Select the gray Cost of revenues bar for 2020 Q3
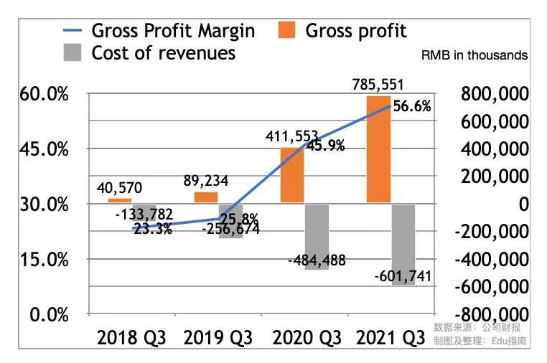tap(316, 237)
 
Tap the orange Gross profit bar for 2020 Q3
tap(292, 176)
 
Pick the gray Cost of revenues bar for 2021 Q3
tap(403, 245)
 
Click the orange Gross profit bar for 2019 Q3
tap(206, 197)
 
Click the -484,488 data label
tap(316, 261)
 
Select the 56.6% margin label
tap(413, 107)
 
